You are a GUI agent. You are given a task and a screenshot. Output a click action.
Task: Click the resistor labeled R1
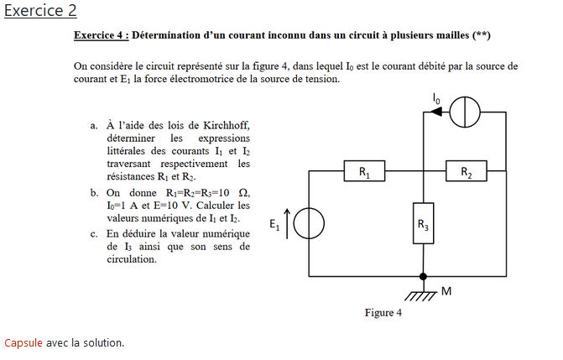(364, 173)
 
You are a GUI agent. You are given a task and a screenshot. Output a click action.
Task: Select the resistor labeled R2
(467, 173)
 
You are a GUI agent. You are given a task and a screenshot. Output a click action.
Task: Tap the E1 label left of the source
(274, 224)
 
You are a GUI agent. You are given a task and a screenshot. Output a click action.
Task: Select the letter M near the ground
(446, 291)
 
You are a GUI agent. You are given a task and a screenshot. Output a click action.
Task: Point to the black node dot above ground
(424, 276)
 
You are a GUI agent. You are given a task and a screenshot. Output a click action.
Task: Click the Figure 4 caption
(383, 313)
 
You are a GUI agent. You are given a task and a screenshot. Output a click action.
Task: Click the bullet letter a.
(94, 126)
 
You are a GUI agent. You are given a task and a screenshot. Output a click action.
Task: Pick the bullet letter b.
(94, 193)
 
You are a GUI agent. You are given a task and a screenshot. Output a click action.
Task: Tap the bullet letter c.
(94, 233)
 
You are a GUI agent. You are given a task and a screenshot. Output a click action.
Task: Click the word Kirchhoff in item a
(225, 126)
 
